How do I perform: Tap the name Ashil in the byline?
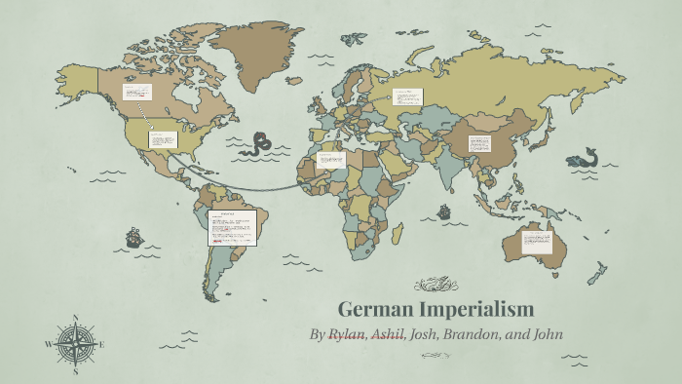coord(388,335)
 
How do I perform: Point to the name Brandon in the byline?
coord(476,335)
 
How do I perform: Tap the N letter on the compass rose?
coord(75,317)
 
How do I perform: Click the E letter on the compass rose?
coord(101,344)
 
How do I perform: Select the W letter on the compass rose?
coord(48,344)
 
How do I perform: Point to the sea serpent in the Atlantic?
coord(258,144)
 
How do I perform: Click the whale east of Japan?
coord(584,157)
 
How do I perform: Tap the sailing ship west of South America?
coord(133,237)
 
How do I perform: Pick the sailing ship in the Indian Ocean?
coord(444,211)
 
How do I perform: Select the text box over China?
coord(480,143)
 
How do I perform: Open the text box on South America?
coord(232,228)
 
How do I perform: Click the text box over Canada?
coord(136,93)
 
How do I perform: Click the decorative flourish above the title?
coord(436,286)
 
